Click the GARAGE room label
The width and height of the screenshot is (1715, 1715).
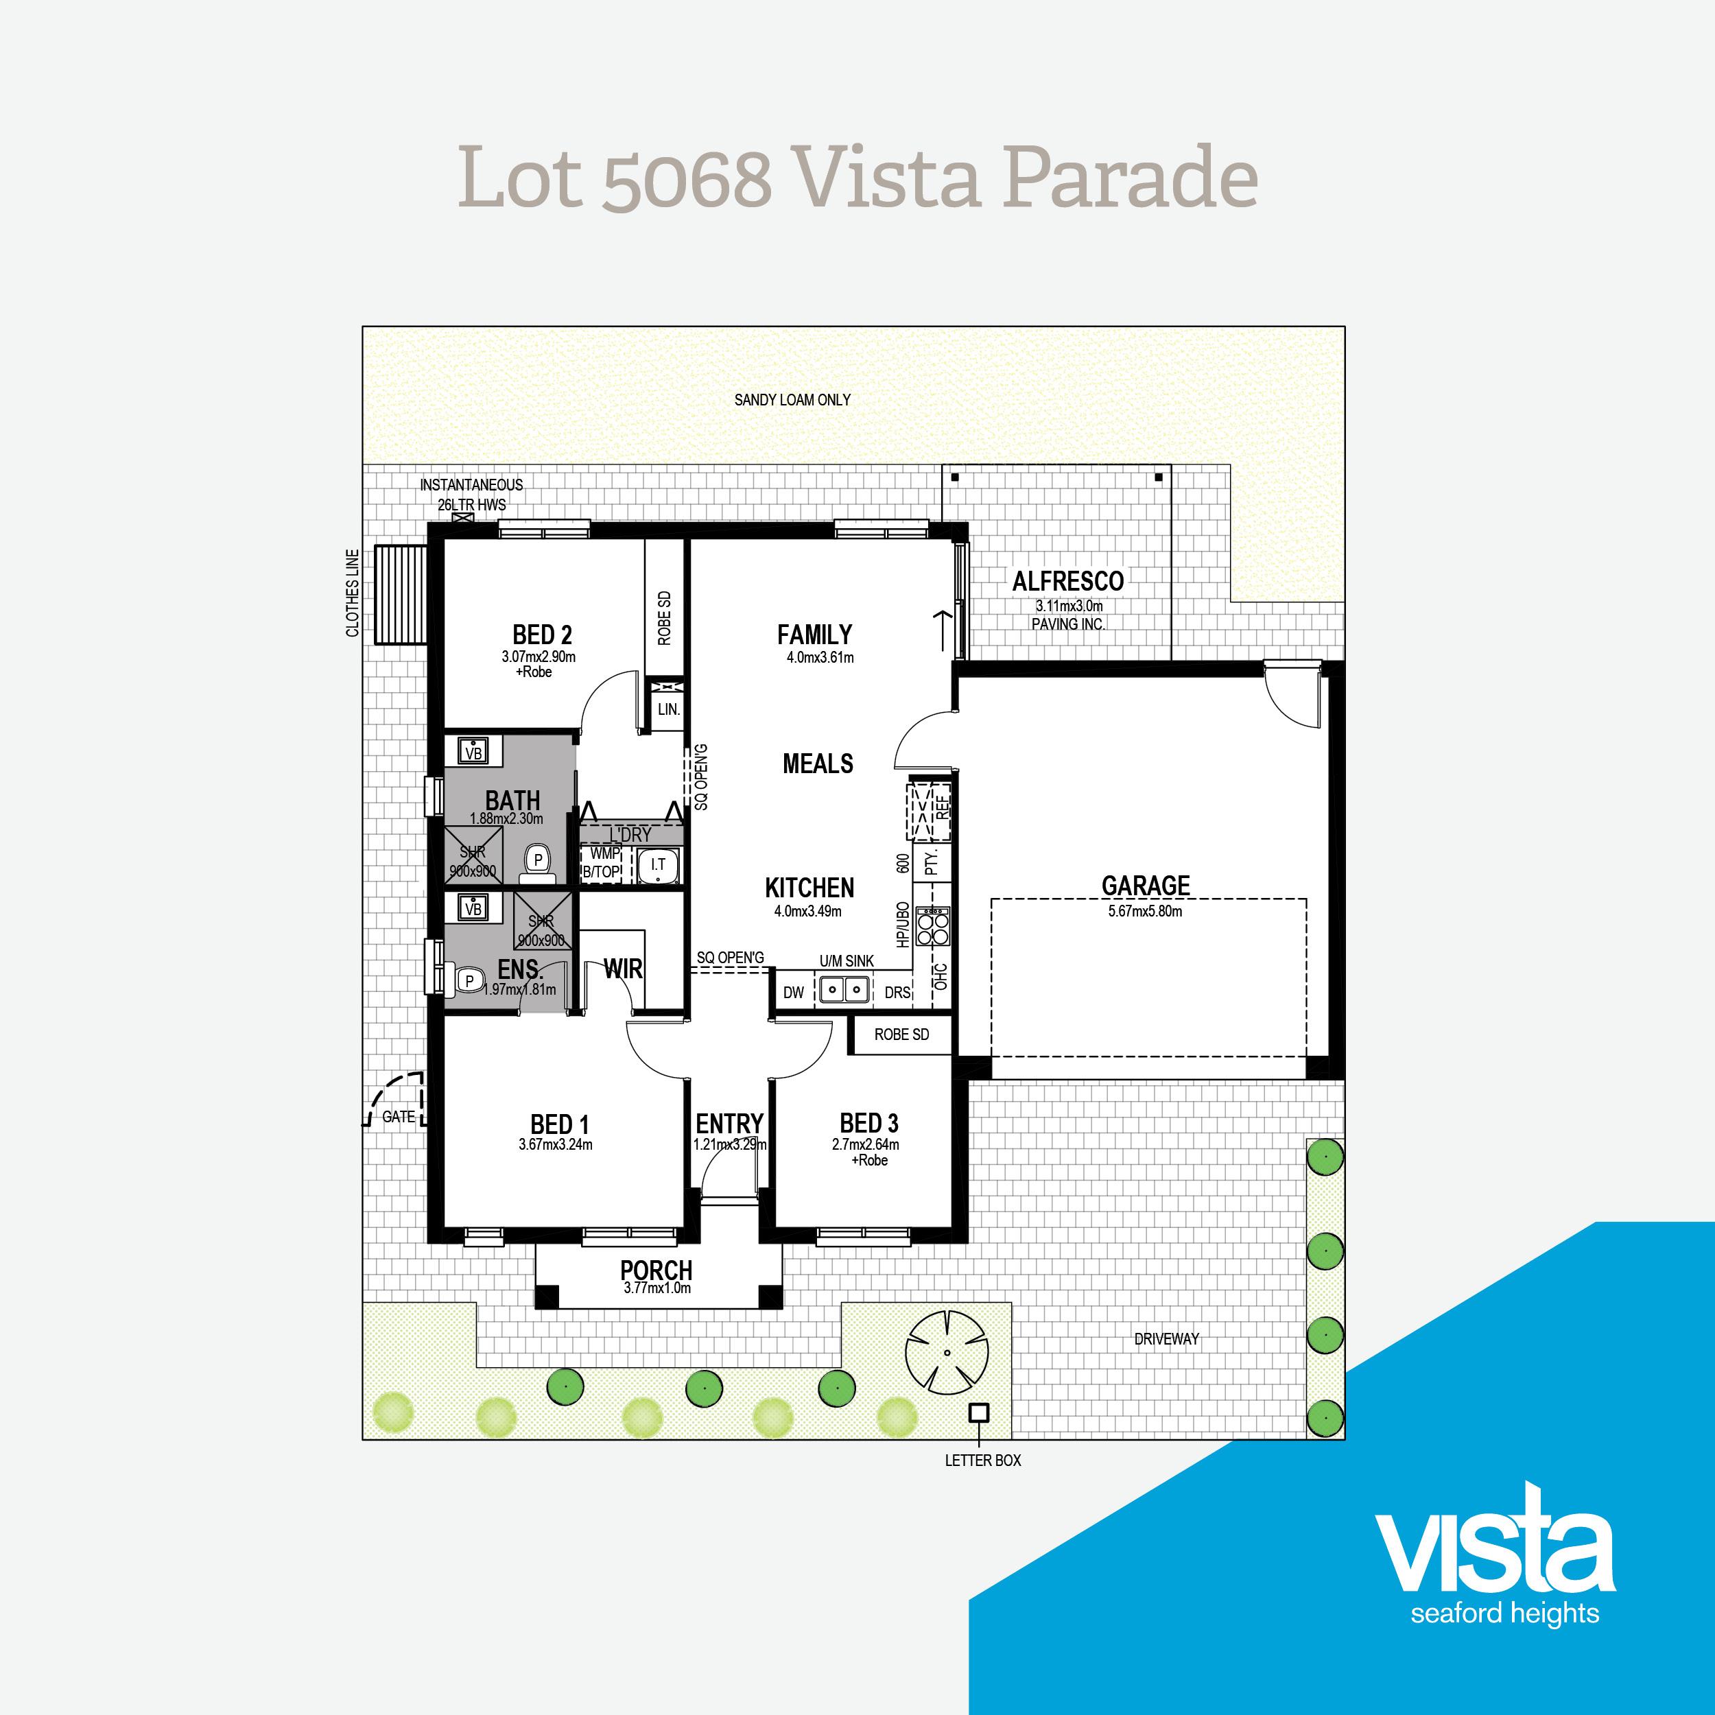pyautogui.click(x=1145, y=885)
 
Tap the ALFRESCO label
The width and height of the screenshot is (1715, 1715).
pyautogui.click(x=1068, y=582)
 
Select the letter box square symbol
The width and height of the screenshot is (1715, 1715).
pyautogui.click(x=978, y=1411)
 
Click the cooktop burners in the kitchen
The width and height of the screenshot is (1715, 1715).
pyautogui.click(x=933, y=927)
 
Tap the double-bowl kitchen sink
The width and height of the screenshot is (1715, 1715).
pyautogui.click(x=843, y=988)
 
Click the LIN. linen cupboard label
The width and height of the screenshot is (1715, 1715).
pyautogui.click(x=668, y=709)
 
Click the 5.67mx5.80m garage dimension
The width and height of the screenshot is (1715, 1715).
pyautogui.click(x=1145, y=911)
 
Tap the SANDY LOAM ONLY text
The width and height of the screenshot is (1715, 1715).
pyautogui.click(x=792, y=401)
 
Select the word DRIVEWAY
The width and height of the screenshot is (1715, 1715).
pyautogui.click(x=1166, y=1338)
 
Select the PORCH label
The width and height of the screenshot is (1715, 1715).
pyautogui.click(x=656, y=1270)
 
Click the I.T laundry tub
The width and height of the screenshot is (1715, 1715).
pyautogui.click(x=658, y=864)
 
